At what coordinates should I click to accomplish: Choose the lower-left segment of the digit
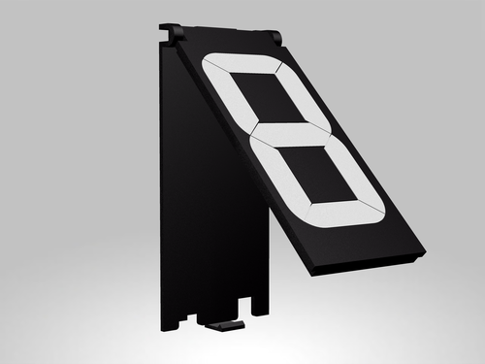278,175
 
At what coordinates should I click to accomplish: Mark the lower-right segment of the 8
356,172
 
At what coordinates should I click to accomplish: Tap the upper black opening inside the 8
269,97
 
